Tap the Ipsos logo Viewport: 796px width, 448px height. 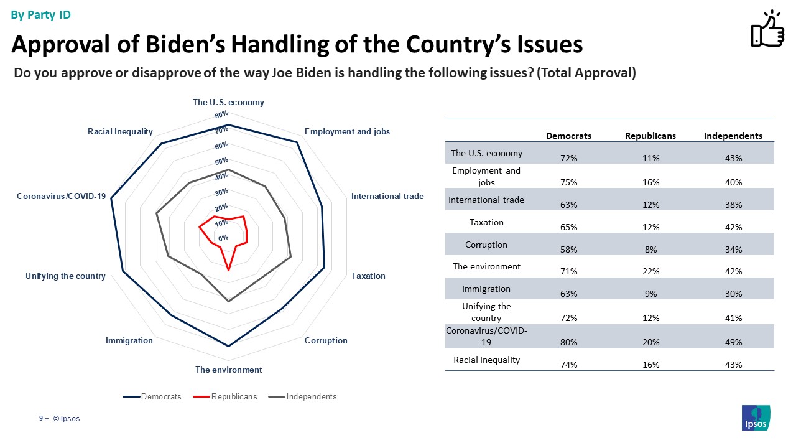tap(756, 418)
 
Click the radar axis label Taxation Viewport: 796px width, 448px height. tap(368, 276)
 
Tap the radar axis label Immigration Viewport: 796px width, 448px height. tap(129, 340)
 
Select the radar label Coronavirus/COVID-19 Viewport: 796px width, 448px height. tap(61, 196)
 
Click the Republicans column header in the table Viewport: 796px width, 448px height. tap(650, 136)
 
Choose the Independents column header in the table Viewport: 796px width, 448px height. tap(733, 136)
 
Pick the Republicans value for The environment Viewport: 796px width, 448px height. tap(650, 271)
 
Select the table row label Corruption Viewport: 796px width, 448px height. tap(486, 245)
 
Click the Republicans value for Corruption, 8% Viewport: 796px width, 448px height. tap(650, 250)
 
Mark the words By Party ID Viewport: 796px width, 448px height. tap(41, 15)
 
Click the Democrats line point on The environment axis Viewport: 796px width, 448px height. tap(229, 346)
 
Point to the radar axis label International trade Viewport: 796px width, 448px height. tap(387, 196)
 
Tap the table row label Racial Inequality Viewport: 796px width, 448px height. tap(486, 360)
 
